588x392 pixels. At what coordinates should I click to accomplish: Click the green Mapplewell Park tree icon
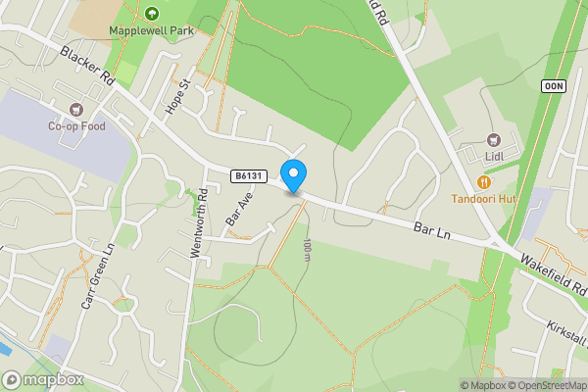pyautogui.click(x=152, y=13)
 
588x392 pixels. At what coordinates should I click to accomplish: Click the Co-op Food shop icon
pyautogui.click(x=75, y=109)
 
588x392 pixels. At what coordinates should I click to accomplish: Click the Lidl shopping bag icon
pyautogui.click(x=493, y=139)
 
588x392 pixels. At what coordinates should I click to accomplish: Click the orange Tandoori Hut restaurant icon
pyautogui.click(x=483, y=181)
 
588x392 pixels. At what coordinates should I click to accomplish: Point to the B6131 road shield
pyautogui.click(x=248, y=175)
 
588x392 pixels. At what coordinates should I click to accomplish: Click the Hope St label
pyautogui.click(x=176, y=95)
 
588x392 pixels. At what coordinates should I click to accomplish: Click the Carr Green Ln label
pyautogui.click(x=97, y=276)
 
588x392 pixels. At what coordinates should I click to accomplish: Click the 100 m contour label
pyautogui.click(x=307, y=250)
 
